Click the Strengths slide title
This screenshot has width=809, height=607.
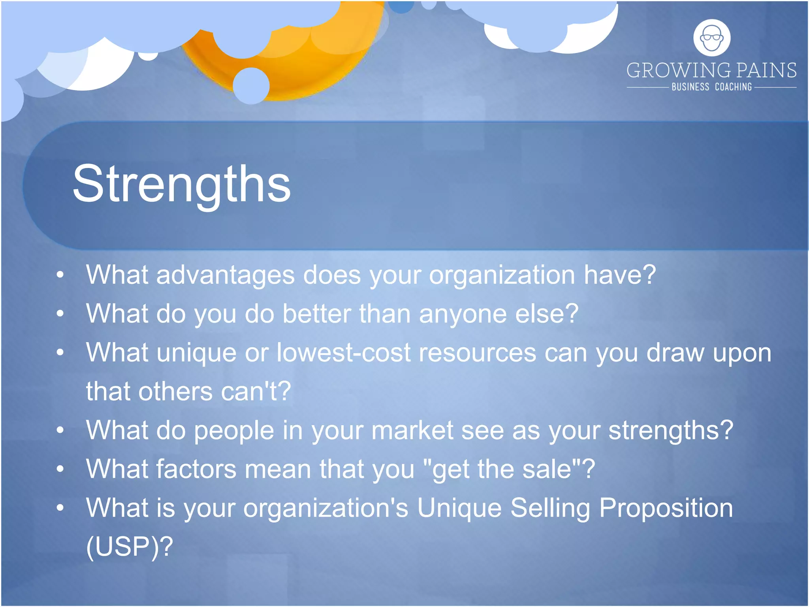pos(182,184)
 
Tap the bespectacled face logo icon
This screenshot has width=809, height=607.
pos(712,38)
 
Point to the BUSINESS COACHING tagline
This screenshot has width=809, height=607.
pos(712,87)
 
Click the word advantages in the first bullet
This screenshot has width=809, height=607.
pos(225,275)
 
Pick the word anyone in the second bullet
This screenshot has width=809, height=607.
pos(463,314)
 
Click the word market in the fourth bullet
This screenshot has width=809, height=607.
pos(412,430)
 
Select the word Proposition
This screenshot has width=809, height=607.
pos(666,508)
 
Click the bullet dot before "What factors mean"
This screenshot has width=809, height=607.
pos(60,469)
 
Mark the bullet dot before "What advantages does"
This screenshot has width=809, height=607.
pos(60,275)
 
